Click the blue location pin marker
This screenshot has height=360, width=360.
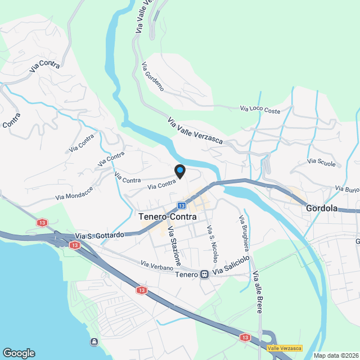pos(179,171)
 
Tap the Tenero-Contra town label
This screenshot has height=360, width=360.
pos(167,215)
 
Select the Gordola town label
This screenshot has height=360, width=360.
pos(322,208)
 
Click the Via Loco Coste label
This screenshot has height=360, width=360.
pos(260,109)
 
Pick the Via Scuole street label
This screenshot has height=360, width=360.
pos(321,163)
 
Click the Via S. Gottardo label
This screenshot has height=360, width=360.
pos(99,236)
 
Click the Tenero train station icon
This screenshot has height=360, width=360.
pos(205,274)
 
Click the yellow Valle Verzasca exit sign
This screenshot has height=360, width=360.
pos(284,348)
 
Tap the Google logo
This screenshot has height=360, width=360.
pos(19,353)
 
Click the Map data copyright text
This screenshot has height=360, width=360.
pos(336,355)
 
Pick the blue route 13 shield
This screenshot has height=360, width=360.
pos(182,205)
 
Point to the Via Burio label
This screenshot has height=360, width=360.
pos(346,188)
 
